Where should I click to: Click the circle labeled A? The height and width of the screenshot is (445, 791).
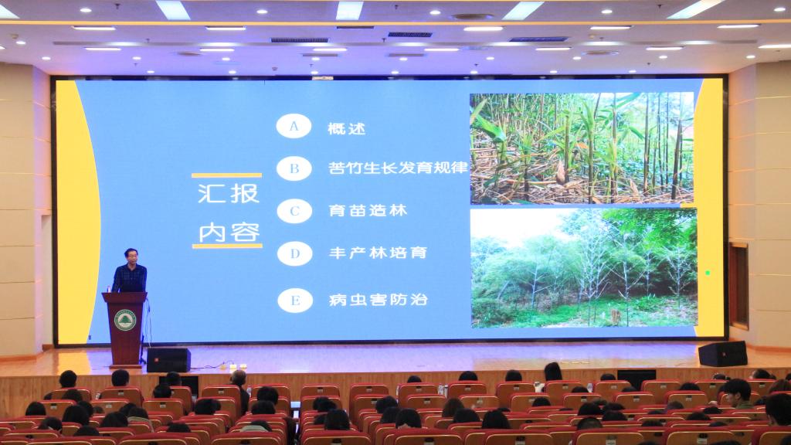coord(294,126)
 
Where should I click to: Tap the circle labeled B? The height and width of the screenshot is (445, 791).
coord(294,168)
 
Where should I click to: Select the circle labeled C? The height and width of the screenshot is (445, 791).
coord(294,211)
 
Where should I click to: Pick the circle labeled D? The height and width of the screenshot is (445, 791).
coord(295,253)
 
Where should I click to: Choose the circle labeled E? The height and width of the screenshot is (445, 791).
coord(295,301)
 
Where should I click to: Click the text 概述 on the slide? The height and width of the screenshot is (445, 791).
coord(347,129)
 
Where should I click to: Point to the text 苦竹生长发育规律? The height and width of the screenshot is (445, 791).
coord(398,168)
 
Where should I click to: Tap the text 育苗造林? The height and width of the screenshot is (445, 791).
coord(368,210)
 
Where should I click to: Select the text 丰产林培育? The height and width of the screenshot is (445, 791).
coord(378,253)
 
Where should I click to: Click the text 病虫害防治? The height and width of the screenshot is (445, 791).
coord(379,300)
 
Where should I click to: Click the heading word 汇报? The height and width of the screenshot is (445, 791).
coord(229,194)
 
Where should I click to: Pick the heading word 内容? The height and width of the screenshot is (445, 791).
coord(229,233)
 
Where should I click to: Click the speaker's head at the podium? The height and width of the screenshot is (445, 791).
coord(131,256)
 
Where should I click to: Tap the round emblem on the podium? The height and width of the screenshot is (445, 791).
coord(124,320)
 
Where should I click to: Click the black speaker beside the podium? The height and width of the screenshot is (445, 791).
coord(168,360)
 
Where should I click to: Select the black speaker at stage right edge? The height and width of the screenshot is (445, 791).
coord(723,354)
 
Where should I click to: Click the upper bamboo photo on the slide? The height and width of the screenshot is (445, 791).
coord(582,148)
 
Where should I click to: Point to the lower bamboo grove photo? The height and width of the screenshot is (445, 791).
coord(584,268)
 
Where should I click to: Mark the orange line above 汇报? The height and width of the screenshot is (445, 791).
coord(226,175)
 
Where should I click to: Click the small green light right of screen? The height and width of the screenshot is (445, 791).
coord(708,273)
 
